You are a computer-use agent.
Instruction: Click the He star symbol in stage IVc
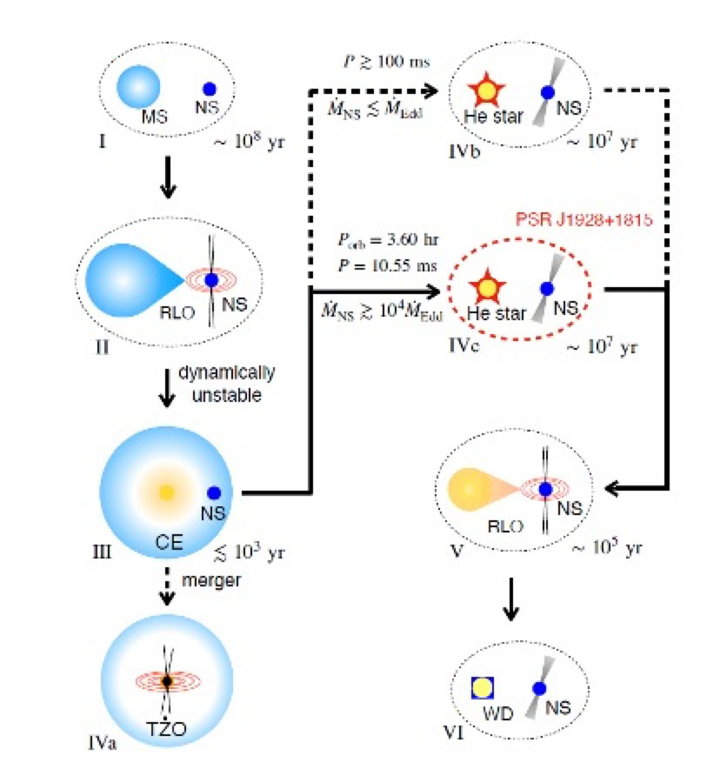pos(488,286)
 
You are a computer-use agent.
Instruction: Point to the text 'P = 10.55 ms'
pos(383,265)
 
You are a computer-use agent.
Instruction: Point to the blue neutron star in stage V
pos(544,490)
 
